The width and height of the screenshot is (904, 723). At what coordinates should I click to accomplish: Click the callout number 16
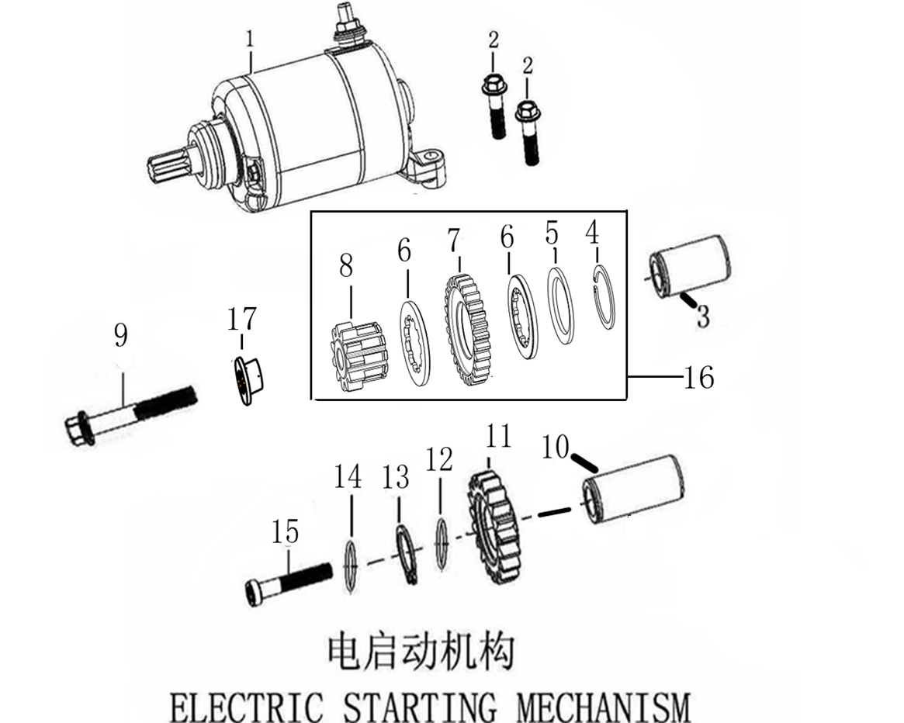(x=698, y=378)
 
